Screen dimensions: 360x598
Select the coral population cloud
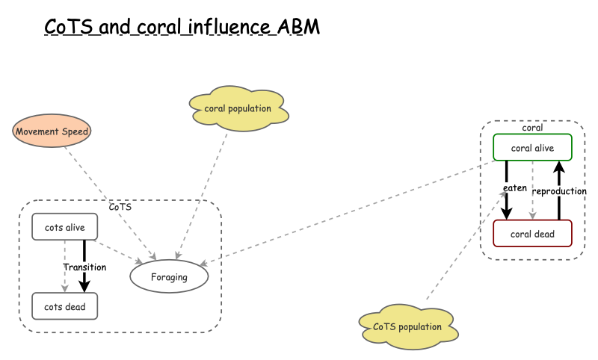click(238, 109)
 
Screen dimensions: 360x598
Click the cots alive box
click(64, 227)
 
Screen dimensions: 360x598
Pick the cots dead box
click(64, 306)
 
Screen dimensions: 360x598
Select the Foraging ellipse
click(169, 277)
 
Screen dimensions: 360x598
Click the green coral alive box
click(532, 148)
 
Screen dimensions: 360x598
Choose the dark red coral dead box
click(532, 234)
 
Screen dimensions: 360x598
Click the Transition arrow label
click(84, 267)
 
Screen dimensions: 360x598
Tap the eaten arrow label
click(514, 188)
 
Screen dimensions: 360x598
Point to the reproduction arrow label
click(558, 191)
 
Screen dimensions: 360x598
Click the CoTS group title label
click(120, 207)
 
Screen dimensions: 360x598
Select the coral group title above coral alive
click(532, 128)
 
